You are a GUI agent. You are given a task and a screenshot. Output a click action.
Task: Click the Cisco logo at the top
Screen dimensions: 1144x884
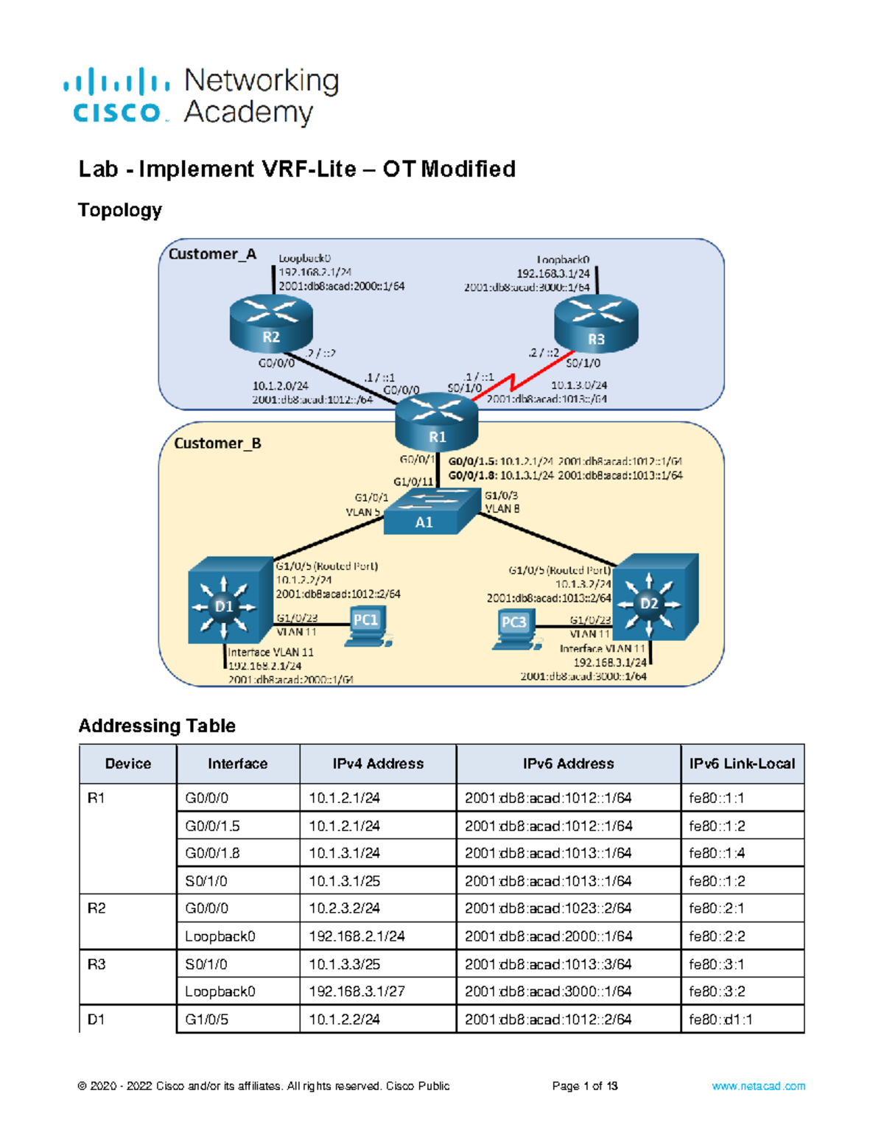117,96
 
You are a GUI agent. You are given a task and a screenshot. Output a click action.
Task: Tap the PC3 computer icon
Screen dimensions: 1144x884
513,630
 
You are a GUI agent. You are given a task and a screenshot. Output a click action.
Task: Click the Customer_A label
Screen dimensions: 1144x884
212,254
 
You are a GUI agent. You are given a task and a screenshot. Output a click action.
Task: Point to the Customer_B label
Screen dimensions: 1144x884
217,443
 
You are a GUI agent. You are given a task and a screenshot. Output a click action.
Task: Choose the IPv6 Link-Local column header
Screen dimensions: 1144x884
742,764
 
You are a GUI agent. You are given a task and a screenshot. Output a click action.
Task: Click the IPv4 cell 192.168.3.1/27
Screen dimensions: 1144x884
357,992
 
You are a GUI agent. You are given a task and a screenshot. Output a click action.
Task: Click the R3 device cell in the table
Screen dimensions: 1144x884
97,964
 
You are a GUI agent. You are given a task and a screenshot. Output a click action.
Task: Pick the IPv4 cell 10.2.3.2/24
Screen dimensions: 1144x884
344,908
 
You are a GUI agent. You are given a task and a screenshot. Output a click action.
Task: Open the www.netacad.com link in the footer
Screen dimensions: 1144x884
758,1086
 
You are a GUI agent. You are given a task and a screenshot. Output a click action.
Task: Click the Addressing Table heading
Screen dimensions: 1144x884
157,726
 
